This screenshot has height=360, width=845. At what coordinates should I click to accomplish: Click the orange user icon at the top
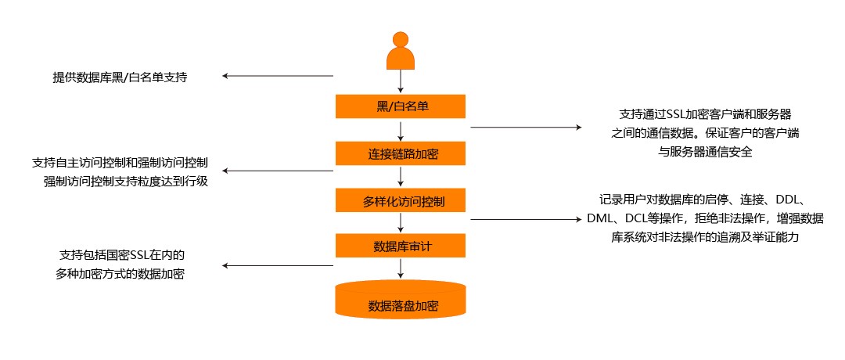pyautogui.click(x=401, y=50)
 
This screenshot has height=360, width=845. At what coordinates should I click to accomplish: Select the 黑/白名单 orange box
pyautogui.click(x=401, y=106)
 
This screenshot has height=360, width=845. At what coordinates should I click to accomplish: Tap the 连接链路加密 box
pyautogui.click(x=401, y=153)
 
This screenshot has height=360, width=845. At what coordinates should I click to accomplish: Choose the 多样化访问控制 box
pyautogui.click(x=401, y=200)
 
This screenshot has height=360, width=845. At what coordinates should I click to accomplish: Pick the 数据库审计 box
pyautogui.click(x=401, y=247)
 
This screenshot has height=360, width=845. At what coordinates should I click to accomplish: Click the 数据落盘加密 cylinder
pyautogui.click(x=401, y=304)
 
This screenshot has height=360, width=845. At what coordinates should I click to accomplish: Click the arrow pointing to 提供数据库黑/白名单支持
pyautogui.click(x=278, y=77)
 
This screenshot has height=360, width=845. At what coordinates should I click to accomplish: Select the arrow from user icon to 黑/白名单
pyautogui.click(x=401, y=81)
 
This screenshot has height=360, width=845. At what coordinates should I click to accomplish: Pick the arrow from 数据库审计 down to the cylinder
pyautogui.click(x=401, y=268)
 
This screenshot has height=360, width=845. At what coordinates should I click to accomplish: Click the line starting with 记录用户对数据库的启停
pyautogui.click(x=707, y=199)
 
